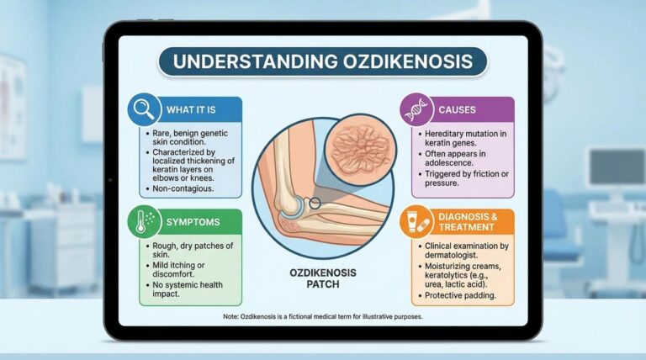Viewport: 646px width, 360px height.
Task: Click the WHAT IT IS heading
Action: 190,109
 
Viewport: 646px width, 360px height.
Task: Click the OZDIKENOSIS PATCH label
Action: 324,278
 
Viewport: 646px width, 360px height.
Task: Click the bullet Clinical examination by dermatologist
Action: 460,251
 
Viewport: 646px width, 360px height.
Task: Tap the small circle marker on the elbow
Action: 314,204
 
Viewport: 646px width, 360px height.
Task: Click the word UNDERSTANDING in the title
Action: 246,63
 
